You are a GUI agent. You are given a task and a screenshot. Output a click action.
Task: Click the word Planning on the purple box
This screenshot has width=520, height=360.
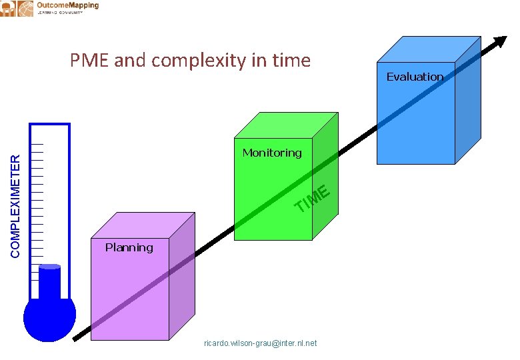click(x=129, y=247)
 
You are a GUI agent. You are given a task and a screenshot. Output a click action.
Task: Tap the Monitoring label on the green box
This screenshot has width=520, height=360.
click(x=272, y=153)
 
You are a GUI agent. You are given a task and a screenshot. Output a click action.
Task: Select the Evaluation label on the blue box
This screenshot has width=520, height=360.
click(x=415, y=77)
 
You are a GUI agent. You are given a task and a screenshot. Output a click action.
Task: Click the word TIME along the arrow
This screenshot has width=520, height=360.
click(x=313, y=198)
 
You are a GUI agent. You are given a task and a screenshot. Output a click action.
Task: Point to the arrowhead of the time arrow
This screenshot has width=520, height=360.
click(x=499, y=41)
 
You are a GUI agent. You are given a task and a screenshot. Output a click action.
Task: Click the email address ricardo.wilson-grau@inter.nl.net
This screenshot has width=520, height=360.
click(x=260, y=343)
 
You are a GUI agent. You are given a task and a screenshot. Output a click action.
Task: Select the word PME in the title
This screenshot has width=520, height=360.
click(x=90, y=61)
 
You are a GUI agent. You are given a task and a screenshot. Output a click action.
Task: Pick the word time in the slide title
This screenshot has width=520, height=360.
click(x=291, y=61)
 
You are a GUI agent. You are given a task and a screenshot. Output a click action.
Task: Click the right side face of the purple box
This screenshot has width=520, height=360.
click(x=182, y=280)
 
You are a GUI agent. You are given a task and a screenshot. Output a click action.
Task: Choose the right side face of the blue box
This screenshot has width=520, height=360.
click(x=467, y=100)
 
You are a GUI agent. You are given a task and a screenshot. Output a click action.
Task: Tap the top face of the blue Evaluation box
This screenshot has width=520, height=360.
click(x=428, y=49)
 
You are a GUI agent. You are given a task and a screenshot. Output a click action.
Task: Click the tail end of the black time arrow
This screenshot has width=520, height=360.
click(x=75, y=338)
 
